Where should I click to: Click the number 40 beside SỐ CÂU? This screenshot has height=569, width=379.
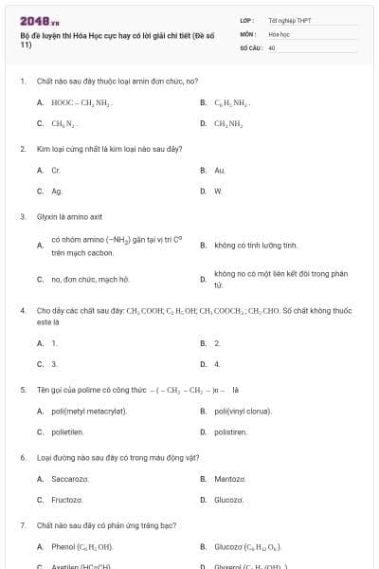coord(272,46)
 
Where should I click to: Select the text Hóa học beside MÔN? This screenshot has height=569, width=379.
coord(279,33)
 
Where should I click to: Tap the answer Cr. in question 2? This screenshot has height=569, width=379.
coord(56,170)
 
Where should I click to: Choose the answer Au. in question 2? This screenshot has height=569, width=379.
coord(220,170)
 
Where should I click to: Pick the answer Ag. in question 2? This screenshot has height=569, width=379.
coord(57,191)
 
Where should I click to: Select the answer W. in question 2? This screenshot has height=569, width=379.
coord(218,191)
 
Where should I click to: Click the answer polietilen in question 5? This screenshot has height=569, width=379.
coord(67,431)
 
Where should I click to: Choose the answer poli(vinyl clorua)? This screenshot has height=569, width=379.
coord(243,411)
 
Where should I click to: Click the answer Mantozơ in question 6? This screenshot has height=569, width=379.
coord(230,479)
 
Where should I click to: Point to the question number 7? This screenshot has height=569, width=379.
coord(22,524)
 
